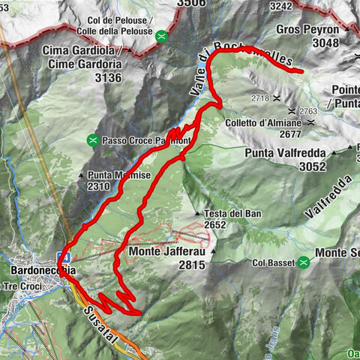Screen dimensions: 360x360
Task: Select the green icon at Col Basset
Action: (x=304, y=262)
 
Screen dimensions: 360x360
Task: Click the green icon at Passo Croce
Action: (x=92, y=139)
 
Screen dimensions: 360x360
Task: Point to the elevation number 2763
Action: (x=309, y=111)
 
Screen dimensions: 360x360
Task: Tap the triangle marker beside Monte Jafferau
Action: (x=214, y=253)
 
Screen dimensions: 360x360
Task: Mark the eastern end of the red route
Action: (x=301, y=71)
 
